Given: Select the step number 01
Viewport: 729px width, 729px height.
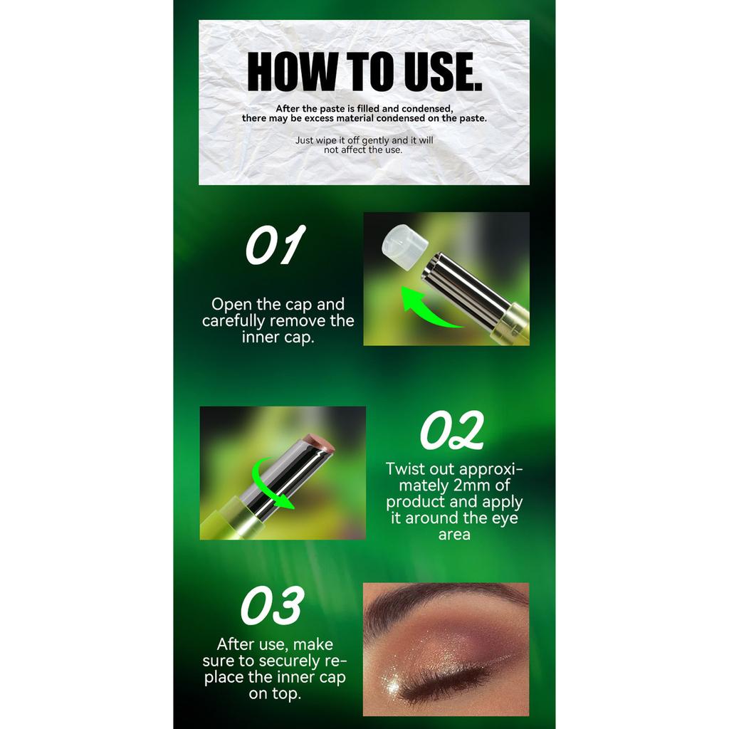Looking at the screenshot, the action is click(x=276, y=245).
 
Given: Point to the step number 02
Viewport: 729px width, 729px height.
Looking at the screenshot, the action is click(x=451, y=431).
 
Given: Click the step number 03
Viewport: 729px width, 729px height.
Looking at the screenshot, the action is click(x=273, y=605).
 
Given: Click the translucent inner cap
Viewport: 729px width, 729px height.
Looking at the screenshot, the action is click(x=405, y=246).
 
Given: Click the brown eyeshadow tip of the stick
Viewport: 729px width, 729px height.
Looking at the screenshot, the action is click(x=319, y=441).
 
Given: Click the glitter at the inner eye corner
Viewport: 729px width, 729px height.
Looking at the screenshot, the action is click(x=393, y=683).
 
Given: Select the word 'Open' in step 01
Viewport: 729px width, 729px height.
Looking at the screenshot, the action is click(x=232, y=305).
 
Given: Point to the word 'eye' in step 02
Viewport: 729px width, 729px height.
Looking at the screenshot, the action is click(x=505, y=519).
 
